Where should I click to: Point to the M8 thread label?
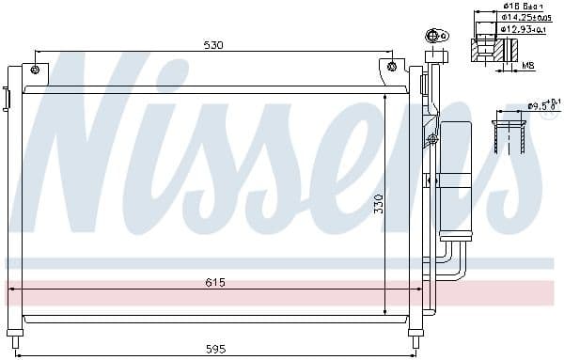coord(528,65)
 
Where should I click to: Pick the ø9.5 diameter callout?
coord(542,105)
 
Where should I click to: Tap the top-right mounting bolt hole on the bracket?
coord(392,67)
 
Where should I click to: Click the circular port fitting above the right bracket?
coord(434,38)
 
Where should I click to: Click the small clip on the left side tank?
coord(6,97)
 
